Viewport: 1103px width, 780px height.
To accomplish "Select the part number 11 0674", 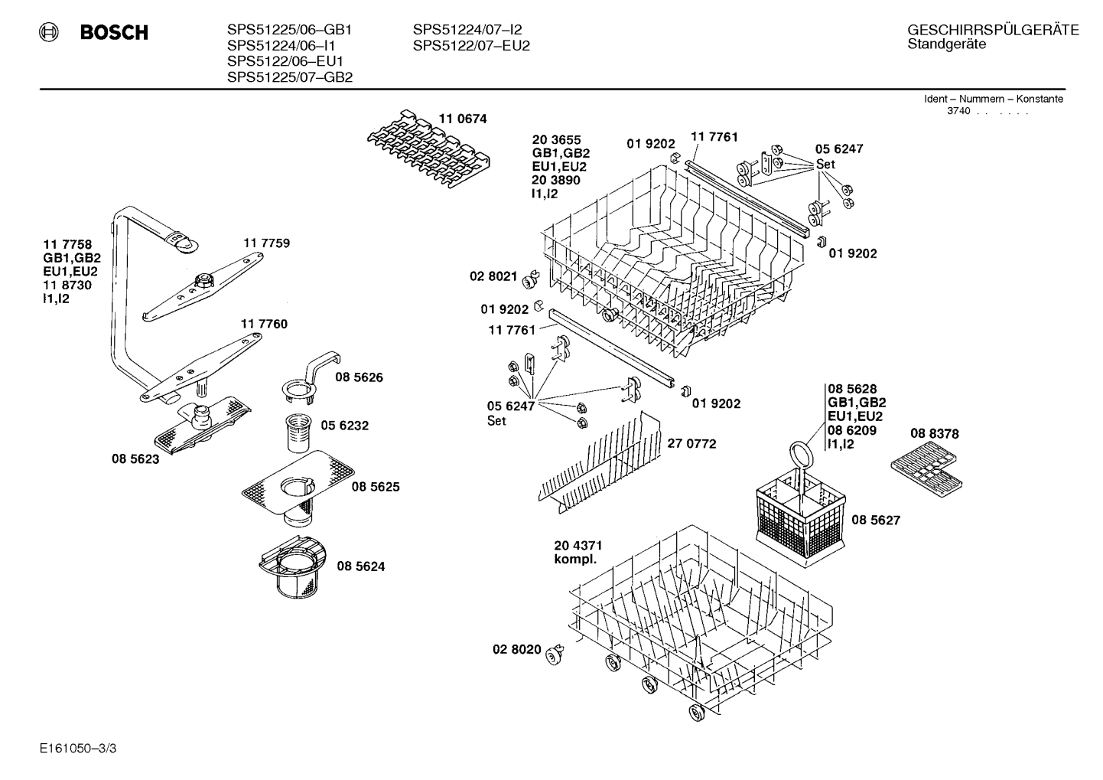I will pos(462,119).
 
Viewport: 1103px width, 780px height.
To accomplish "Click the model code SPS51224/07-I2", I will pos(467,30).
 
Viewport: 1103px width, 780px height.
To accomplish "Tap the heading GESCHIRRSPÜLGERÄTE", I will pos(993,30).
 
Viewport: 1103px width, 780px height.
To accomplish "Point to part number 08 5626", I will pos(359,377).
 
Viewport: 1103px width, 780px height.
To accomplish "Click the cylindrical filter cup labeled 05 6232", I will pos(295,434).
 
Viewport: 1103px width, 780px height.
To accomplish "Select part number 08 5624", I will pos(360,566).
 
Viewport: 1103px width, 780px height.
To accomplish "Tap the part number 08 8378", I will pos(934,433).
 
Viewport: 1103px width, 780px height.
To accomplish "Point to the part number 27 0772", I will pos(691,443).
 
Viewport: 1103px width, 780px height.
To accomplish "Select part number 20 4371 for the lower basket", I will pos(578,545).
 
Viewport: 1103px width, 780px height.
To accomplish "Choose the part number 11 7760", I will pos(264,324).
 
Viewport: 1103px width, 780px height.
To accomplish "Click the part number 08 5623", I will pos(135,459).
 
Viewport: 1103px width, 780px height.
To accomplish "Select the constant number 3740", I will pos(958,111).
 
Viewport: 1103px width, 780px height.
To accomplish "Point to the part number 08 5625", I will pos(375,487).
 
